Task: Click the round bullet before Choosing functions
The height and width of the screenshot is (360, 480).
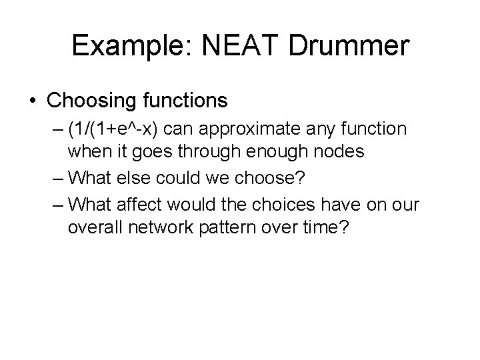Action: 33,101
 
